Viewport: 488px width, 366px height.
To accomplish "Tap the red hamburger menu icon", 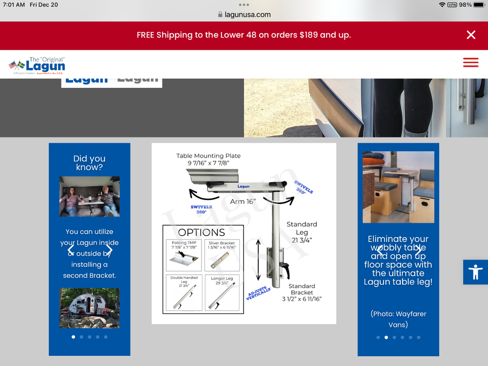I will click(x=470, y=62).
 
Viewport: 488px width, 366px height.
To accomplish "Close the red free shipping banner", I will click(x=471, y=35).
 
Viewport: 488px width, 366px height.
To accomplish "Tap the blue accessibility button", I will click(x=475, y=272).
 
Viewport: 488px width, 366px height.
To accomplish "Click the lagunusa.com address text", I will click(x=247, y=15).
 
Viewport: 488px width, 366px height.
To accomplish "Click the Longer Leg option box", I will click(x=222, y=293).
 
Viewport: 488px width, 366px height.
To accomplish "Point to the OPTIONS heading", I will click(x=202, y=232).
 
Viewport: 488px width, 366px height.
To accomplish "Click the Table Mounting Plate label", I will click(x=208, y=159).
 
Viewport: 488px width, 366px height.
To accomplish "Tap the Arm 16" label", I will click(x=243, y=201).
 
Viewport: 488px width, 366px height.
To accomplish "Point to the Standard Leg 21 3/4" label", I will click(x=302, y=232).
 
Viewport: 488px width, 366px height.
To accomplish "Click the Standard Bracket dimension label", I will click(x=302, y=292).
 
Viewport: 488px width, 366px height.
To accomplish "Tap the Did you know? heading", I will click(x=89, y=163).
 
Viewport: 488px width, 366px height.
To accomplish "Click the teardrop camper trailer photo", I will click(x=89, y=307).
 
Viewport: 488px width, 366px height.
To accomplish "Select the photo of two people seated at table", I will click(x=89, y=196).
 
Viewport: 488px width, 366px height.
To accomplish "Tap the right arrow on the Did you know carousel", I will click(x=109, y=250).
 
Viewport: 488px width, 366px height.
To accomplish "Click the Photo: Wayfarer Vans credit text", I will click(x=398, y=319).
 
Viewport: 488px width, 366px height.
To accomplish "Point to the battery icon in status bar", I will click(x=479, y=4).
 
